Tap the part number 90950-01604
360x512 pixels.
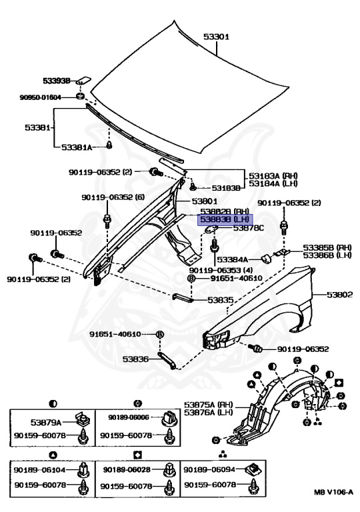pyautogui.click(x=40, y=97)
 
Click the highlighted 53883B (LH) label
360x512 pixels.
pyautogui.click(x=225, y=219)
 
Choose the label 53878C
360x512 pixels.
pyautogui.click(x=248, y=228)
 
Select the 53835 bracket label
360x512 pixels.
pyautogui.click(x=220, y=301)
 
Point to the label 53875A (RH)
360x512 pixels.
pyautogui.click(x=208, y=405)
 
